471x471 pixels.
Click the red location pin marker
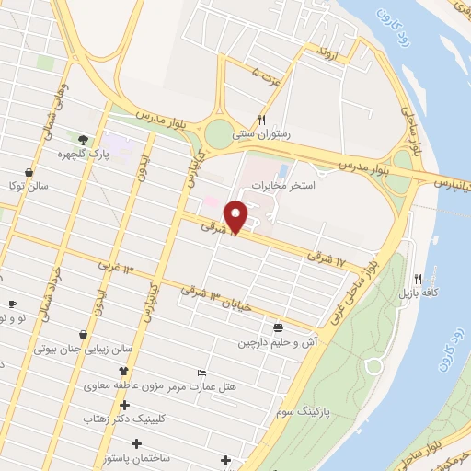pyautogui.click(x=236, y=217)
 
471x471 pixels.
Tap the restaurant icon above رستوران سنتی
pyautogui.click(x=262, y=120)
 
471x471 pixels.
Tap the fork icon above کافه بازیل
pyautogui.click(x=419, y=278)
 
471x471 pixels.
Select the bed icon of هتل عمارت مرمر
pyautogui.click(x=201, y=373)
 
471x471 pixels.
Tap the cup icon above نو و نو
pyautogui.click(x=12, y=304)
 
